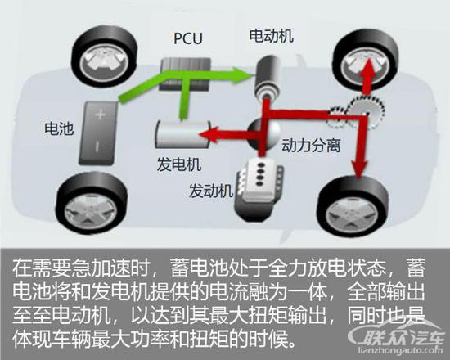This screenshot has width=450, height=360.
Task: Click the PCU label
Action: coord(188,38)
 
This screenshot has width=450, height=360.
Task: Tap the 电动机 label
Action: coord(271,36)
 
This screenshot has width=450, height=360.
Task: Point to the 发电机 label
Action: coord(179,164)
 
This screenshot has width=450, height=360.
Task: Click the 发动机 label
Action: coord(210,191)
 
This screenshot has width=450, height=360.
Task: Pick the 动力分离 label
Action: coord(311,145)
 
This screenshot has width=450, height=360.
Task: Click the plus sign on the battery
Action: coord(101,115)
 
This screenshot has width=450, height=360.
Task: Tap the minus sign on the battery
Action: coord(97,146)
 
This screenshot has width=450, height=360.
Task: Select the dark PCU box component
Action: coord(185,74)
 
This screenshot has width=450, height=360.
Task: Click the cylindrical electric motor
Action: coord(268,77)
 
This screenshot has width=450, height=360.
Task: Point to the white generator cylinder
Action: coord(182,134)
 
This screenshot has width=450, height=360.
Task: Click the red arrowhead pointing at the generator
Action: coord(209,135)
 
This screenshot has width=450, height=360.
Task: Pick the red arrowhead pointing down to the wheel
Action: coord(360,169)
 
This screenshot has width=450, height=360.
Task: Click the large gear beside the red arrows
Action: coord(366,111)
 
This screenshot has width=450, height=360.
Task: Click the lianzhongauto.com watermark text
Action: coord(401,350)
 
